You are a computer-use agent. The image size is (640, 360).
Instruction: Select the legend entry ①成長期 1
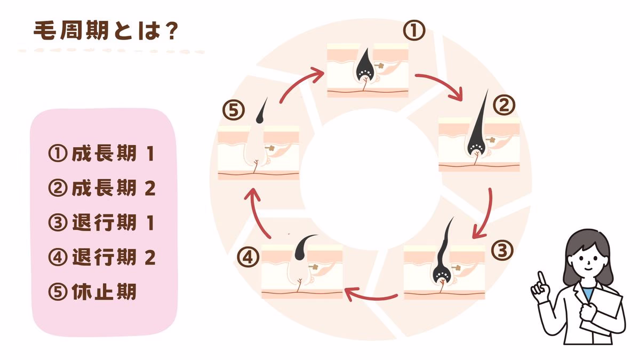101,155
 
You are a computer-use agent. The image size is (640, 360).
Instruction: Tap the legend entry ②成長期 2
101,189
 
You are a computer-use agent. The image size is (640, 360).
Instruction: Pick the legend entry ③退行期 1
101,223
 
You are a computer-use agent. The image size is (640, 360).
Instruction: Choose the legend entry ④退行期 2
101,258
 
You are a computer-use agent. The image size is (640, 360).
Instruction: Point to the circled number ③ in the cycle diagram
502,249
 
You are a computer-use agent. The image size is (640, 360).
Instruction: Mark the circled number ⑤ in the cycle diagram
233,111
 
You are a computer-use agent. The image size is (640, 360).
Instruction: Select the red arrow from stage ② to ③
485,213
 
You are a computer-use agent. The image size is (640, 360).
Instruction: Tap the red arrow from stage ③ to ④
371,293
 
